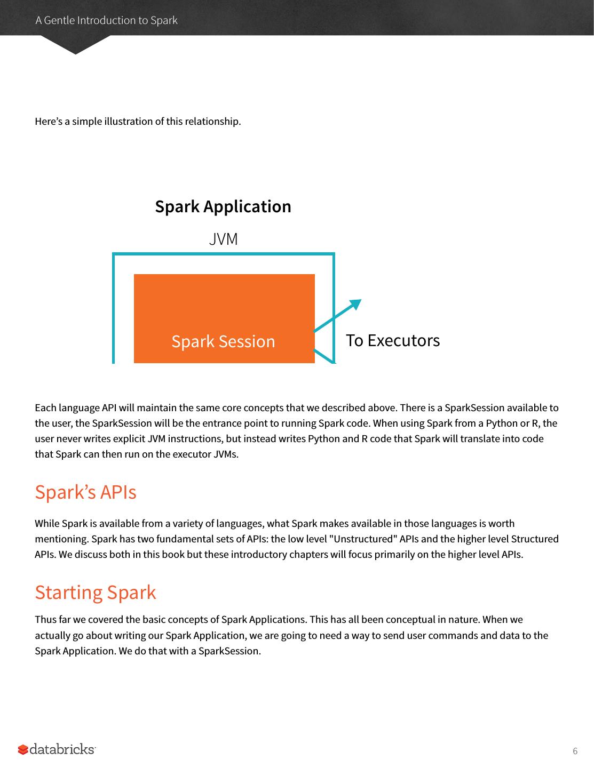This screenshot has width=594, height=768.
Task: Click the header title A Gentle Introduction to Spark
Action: pos(106,20)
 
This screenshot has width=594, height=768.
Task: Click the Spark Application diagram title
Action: pos(223,206)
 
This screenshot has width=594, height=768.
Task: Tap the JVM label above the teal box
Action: pos(223,239)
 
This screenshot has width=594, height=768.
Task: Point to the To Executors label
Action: pos(393,340)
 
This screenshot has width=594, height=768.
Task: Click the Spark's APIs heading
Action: pos(85,492)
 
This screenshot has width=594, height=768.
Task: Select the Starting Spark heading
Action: pos(96,592)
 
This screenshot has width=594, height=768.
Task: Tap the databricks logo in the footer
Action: pos(57,749)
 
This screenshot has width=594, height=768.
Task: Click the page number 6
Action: pos(575,751)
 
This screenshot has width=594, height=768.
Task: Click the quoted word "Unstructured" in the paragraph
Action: pos(363,539)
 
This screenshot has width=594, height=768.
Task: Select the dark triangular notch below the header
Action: pos(75,45)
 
